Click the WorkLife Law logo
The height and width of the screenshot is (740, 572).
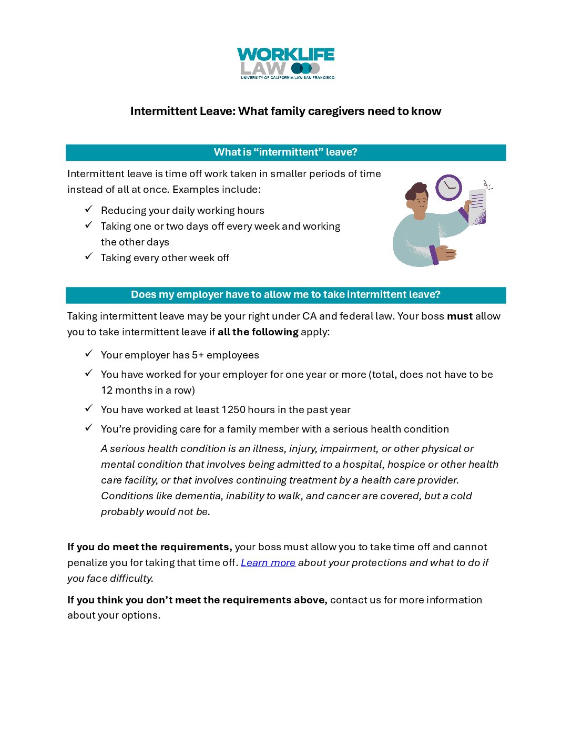pos(285,63)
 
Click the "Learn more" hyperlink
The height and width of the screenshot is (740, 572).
pos(268,562)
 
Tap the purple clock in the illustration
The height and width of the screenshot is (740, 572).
pos(448,188)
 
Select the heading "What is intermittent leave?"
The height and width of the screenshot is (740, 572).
pos(285,152)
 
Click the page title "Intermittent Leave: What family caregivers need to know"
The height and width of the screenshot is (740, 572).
pos(285,111)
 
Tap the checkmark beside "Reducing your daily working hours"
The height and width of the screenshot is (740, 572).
pos(89,209)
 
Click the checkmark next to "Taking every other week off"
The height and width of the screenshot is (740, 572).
pos(89,256)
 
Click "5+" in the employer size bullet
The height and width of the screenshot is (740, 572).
pos(198,355)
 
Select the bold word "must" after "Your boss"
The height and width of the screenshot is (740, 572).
pos(459,316)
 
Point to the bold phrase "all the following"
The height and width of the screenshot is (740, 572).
pos(258,332)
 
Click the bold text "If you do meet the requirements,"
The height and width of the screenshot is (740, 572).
pos(149,547)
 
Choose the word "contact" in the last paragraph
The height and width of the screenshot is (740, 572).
pos(347,600)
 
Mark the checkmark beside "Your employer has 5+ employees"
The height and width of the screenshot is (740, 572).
pos(89,354)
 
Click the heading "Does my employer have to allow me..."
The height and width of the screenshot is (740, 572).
pos(285,295)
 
